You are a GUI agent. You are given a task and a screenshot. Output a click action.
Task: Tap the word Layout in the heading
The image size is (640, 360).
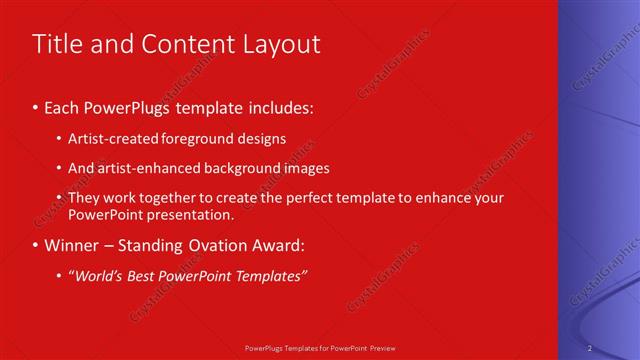pos(277,44)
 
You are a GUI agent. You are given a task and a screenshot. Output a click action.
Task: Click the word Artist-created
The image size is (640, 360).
pos(110,138)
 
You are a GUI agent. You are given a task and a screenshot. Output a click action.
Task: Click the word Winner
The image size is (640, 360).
pos(73,245)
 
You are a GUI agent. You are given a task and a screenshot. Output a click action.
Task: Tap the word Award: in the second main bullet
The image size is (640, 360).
pos(285,245)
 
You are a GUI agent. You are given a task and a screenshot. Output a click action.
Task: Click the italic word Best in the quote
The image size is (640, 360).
pos(146,276)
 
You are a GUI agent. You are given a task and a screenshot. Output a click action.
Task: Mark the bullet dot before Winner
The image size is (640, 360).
pos(36,245)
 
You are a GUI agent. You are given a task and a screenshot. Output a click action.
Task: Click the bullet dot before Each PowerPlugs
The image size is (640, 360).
pos(36,106)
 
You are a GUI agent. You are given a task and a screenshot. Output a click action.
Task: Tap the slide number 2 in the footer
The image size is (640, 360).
pos(590,347)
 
